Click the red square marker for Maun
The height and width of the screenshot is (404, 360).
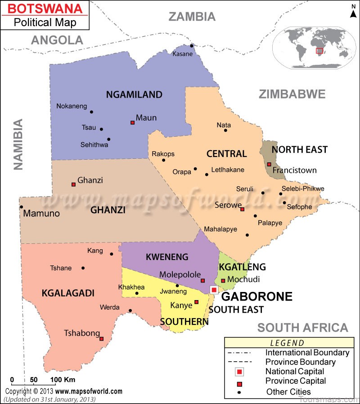(132, 122)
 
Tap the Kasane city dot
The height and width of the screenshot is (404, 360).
(191, 45)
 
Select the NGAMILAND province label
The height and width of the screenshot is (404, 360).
(134, 94)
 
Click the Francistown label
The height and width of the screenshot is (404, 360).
(294, 170)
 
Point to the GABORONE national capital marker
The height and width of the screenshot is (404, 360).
(214, 290)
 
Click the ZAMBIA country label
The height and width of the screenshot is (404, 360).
(192, 17)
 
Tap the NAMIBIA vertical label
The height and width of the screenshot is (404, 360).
(18, 144)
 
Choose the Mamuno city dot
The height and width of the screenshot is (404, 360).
(21, 207)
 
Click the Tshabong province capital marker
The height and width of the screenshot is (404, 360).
(101, 339)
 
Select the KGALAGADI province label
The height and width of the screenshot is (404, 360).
(68, 293)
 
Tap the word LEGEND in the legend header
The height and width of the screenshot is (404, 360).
(287, 343)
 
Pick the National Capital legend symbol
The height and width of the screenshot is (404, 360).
(239, 372)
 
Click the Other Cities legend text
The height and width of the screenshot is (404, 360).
(288, 391)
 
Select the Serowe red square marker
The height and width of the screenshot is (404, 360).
(242, 209)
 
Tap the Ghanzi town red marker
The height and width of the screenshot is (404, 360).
(73, 184)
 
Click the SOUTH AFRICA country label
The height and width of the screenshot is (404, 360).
(302, 327)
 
